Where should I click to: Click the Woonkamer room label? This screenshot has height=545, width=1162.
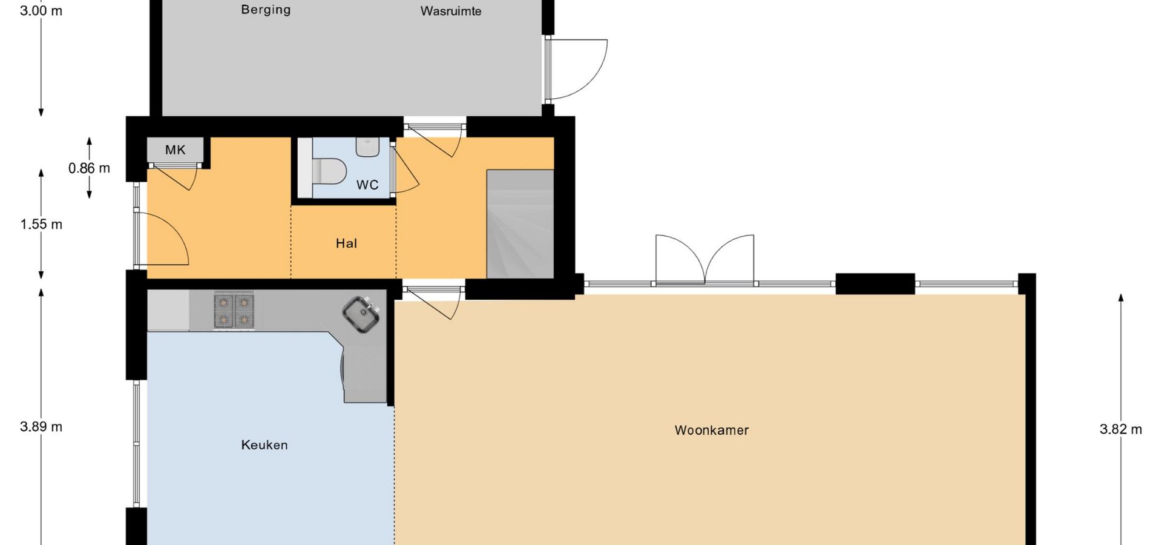tap(712, 431)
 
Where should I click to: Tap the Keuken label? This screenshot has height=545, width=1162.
tap(264, 445)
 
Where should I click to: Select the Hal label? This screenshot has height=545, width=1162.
tap(346, 243)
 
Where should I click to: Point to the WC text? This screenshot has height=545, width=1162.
tap(367, 185)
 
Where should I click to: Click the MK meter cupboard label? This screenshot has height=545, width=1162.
tap(176, 150)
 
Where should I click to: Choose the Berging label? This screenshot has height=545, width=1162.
tap(266, 10)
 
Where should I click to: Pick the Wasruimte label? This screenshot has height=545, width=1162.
tap(451, 11)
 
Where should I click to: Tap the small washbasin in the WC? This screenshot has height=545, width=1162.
tap(367, 147)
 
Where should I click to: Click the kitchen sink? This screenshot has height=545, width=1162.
tap(361, 314)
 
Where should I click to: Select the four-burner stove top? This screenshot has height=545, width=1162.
tap(234, 310)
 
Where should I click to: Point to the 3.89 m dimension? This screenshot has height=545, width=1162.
tap(41, 427)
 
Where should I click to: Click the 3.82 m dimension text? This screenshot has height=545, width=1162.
tap(1121, 429)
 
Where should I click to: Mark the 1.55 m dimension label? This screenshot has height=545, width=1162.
tap(41, 225)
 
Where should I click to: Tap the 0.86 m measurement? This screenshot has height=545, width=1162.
tap(89, 168)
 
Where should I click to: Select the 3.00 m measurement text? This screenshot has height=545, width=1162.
tap(41, 11)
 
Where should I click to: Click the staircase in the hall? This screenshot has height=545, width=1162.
tap(520, 224)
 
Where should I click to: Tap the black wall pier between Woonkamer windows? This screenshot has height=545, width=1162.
tap(875, 284)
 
